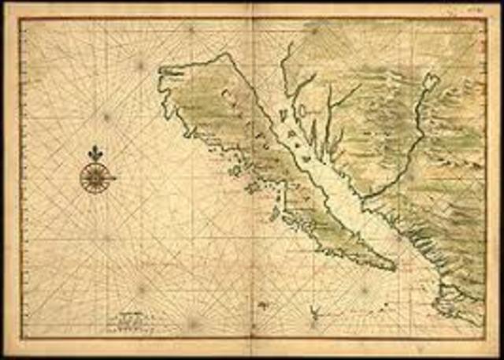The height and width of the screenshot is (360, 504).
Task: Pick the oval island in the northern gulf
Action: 282,116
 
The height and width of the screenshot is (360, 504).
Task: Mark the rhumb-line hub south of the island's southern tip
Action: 365,289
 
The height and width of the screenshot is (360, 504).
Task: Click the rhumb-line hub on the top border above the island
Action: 191,29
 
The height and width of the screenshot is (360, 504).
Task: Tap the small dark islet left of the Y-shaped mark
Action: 263,303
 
